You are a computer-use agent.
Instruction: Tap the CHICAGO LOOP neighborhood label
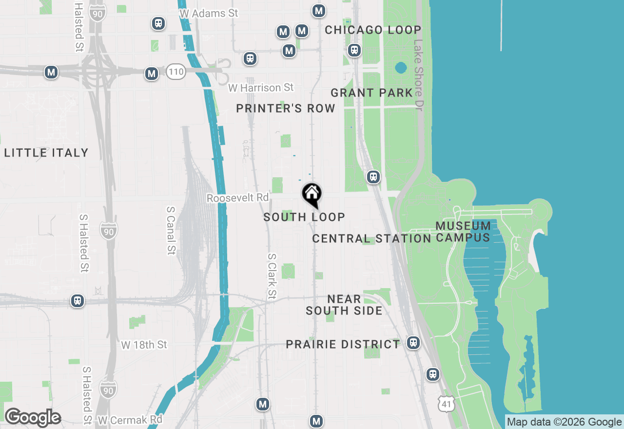[x=373, y=30]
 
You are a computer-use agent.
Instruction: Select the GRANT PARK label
[x=371, y=93]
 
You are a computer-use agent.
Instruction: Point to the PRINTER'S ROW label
[x=286, y=108]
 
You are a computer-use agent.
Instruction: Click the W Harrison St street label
[x=261, y=88]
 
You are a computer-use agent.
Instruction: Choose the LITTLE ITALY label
[x=46, y=153]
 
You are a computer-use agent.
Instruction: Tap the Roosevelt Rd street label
[x=238, y=198]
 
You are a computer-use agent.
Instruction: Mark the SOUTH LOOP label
[x=304, y=217]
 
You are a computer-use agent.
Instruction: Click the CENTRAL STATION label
[x=371, y=238]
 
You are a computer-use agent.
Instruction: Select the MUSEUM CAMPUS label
[x=463, y=232]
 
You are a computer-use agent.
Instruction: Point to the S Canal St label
[x=171, y=230]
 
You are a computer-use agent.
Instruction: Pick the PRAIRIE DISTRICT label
[x=343, y=344]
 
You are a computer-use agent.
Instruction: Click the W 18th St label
[x=144, y=345]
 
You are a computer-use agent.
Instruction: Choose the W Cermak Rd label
[x=130, y=420]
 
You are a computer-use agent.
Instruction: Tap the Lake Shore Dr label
[x=418, y=75]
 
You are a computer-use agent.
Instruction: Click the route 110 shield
[x=175, y=72]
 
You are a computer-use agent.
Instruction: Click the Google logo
[x=33, y=418]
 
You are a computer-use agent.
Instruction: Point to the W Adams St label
[x=209, y=13]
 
